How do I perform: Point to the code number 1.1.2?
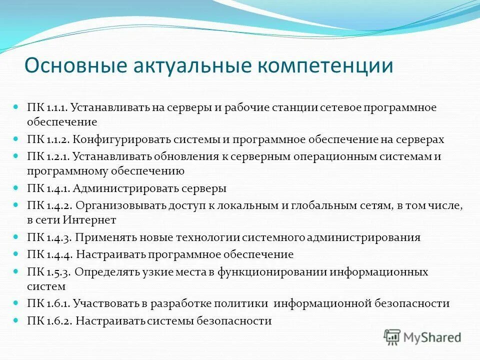(58, 140)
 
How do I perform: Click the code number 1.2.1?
(58, 157)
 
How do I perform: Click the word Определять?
(108, 272)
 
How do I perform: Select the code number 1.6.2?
(58, 321)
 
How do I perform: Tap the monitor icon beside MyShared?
(392, 338)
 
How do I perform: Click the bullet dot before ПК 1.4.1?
(15, 188)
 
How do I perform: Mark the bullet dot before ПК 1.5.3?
(15, 271)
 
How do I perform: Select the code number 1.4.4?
(59, 254)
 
